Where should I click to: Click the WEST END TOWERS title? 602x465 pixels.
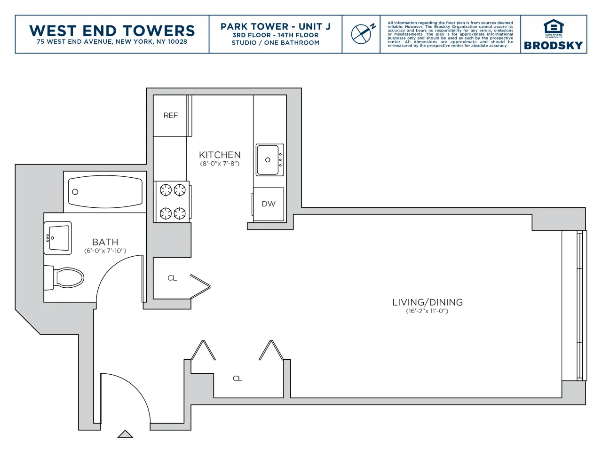(112, 31)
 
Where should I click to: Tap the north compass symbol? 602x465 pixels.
(362, 34)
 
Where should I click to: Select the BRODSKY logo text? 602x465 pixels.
(553, 46)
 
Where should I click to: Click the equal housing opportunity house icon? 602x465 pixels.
(553, 27)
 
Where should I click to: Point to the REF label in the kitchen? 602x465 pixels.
(171, 116)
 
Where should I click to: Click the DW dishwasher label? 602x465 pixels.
(269, 204)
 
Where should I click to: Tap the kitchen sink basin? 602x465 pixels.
(268, 160)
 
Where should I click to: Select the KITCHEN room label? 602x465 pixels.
(220, 155)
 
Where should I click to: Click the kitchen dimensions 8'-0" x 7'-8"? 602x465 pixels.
(220, 164)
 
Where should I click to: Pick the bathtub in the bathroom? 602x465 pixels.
(105, 192)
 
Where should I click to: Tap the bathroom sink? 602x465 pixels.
(58, 237)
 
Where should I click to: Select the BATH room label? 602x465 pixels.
(105, 242)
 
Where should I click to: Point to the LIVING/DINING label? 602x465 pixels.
(428, 302)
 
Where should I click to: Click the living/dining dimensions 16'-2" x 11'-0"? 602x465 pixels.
(427, 311)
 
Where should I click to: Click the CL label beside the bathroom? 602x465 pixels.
(172, 278)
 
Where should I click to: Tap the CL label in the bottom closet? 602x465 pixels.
(238, 378)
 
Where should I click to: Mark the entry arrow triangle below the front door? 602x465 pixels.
(125, 434)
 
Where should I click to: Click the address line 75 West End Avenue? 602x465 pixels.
(112, 42)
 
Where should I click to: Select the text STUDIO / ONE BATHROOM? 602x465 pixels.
(275, 43)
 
